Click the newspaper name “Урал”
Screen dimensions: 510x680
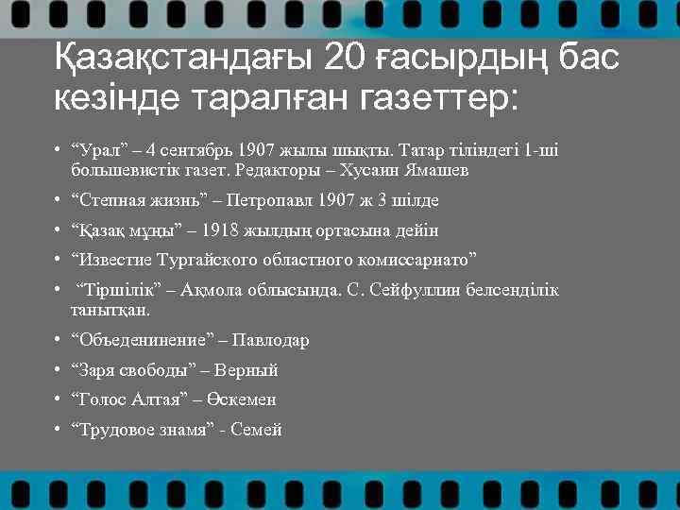coord(95,150)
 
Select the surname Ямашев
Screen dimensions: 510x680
coord(435,171)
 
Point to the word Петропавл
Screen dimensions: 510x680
coord(273,200)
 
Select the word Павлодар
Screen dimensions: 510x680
coord(273,340)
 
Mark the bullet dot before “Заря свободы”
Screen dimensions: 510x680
coord(59,370)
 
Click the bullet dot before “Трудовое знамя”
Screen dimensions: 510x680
coord(59,430)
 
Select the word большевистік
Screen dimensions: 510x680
coord(119,171)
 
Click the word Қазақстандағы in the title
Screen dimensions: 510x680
coord(183,58)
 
